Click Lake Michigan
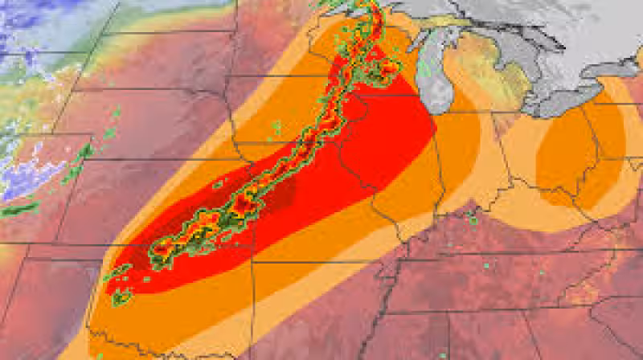click(x=439, y=76)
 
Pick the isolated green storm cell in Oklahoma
click(x=121, y=298)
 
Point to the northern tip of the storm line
click(x=371, y=6)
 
